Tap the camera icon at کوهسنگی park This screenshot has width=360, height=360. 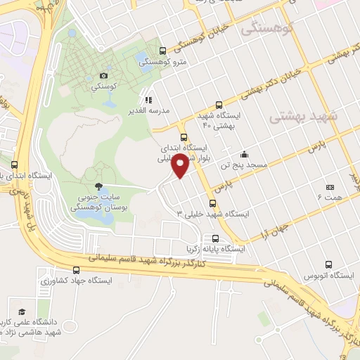coord(104,75)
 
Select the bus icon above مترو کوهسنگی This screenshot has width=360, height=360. coord(163,51)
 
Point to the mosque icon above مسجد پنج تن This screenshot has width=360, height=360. coord(244,155)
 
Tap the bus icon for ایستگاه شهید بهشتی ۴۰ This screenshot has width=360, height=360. coord(219,104)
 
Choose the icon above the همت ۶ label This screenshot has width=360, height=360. coord(330,187)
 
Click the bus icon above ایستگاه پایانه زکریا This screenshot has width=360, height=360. coord(216,238)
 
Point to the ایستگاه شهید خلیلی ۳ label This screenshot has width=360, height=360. coord(207,213)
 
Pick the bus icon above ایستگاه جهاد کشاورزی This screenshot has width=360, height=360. coord(76,270)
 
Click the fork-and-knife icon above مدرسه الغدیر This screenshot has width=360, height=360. coord(148,100)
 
